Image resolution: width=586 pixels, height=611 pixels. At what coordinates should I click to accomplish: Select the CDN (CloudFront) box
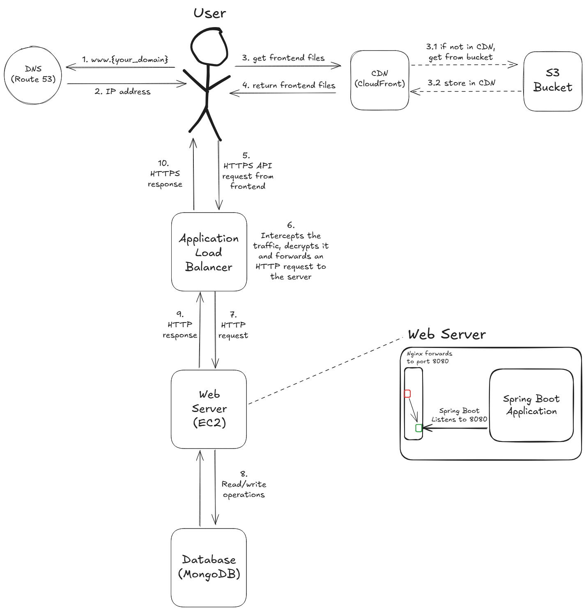(380, 80)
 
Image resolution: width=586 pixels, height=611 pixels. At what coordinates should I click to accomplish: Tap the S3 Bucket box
(553, 81)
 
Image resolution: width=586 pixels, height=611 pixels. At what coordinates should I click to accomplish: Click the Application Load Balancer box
(209, 252)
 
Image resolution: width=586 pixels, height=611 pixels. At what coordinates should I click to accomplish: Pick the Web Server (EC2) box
(209, 409)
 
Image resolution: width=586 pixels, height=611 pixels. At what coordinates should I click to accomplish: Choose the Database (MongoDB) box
(209, 567)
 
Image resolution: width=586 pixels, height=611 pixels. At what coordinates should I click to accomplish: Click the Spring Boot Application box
(531, 405)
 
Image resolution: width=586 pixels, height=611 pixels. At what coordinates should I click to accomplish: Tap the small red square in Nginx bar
(407, 394)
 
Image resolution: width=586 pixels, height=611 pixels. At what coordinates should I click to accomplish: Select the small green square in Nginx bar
(419, 428)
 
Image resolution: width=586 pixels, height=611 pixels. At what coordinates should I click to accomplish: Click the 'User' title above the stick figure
(210, 13)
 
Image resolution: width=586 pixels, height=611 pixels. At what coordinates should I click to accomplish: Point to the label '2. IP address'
(122, 92)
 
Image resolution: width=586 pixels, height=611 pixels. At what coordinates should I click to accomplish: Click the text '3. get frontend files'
(283, 58)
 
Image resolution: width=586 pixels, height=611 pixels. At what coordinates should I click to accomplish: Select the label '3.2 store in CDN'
(461, 83)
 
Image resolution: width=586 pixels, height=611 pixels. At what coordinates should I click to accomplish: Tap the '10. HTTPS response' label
(165, 174)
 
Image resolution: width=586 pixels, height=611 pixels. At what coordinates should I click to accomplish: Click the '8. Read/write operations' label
(244, 485)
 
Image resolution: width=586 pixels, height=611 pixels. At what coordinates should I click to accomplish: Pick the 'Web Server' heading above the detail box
(447, 334)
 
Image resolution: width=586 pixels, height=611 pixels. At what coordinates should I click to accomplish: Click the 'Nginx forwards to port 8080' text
(429, 357)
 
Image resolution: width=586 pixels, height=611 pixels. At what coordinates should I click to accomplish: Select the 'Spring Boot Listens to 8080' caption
(459, 415)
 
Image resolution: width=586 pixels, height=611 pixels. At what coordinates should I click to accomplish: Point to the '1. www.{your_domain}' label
(125, 59)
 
